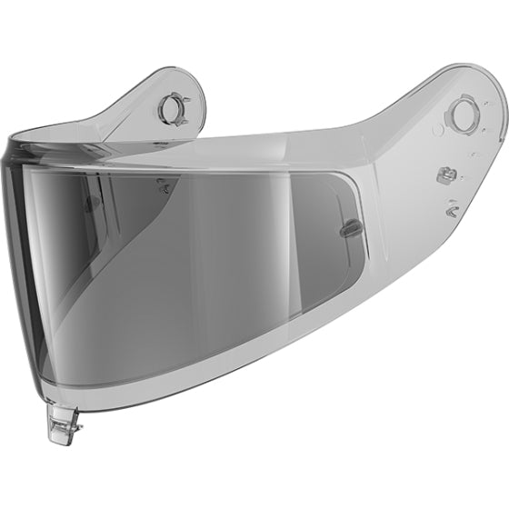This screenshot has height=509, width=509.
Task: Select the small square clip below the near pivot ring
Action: click(445, 175)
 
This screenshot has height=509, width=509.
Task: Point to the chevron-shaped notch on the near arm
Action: click(451, 209)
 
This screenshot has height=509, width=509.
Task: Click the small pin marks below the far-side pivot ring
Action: click(164, 185)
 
